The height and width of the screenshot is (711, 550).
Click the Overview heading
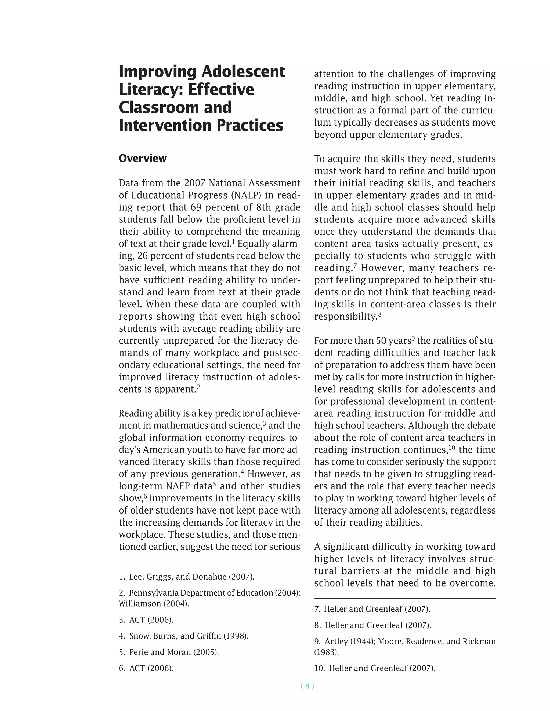click(142, 159)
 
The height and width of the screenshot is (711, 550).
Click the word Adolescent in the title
click(243, 72)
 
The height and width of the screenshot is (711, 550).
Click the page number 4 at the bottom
click(307, 686)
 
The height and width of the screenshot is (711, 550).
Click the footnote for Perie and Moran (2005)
click(169, 652)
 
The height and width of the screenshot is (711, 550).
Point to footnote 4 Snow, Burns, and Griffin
click(183, 636)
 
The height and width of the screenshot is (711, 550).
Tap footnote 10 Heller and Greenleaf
click(375, 668)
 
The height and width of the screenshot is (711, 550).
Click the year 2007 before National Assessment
click(194, 183)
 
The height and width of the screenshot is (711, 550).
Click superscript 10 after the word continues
click(452, 447)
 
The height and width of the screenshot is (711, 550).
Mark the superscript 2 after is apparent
click(198, 387)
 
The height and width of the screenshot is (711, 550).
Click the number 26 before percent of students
click(143, 256)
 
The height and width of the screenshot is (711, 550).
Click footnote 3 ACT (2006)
click(146, 620)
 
